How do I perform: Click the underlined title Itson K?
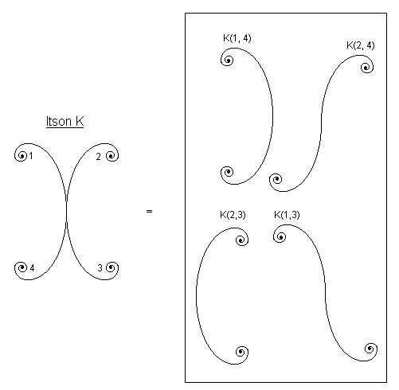[x=65, y=122]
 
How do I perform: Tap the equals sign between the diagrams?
[x=149, y=212]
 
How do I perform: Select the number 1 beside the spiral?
[x=31, y=156]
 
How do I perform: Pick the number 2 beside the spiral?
[x=98, y=157]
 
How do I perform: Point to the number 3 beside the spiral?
[x=100, y=268]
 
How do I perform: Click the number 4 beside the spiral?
[x=32, y=268]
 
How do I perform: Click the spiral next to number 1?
[x=22, y=155]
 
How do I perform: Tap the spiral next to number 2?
[x=111, y=155]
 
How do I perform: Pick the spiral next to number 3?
[x=111, y=267]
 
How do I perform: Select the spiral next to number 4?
[x=22, y=267]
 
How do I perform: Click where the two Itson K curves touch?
[x=66, y=212]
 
